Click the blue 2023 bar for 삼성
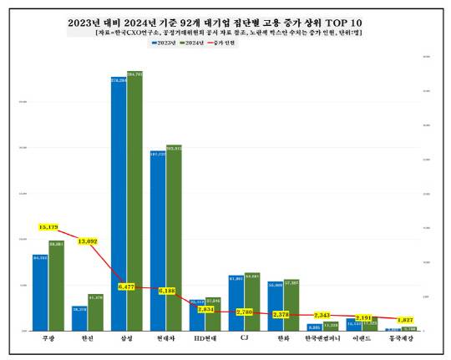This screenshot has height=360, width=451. (119, 200)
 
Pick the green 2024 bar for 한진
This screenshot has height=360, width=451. (95, 312)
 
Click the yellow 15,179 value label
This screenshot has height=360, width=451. (49, 227)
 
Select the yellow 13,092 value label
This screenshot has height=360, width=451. (88, 241)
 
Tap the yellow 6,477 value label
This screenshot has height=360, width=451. (127, 286)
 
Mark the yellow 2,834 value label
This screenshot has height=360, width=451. (205, 309)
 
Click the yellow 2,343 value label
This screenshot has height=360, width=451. (322, 315)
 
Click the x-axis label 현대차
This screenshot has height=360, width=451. (165, 339)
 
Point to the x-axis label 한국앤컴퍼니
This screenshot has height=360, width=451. (322, 339)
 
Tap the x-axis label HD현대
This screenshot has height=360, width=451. (205, 339)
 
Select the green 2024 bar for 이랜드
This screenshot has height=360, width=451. (370, 324)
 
